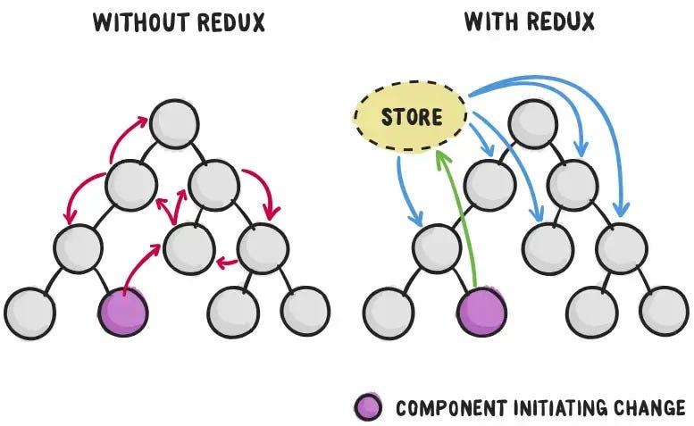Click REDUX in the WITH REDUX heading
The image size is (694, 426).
559,21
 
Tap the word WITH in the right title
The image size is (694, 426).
489,21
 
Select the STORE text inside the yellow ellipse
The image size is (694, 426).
411,117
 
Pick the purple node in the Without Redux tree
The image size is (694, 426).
121,310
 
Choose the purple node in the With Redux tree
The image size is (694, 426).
481,310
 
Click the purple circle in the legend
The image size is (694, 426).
369,407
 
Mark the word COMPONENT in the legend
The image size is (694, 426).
441,408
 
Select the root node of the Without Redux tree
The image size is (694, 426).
176,124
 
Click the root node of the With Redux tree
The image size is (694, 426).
532,124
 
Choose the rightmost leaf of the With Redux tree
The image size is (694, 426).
664,310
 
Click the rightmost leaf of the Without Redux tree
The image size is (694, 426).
305,310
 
